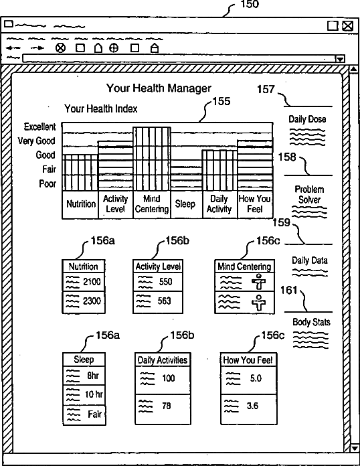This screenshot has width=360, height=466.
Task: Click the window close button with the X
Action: tap(348, 26)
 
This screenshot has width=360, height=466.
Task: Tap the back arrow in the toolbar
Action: tap(13, 48)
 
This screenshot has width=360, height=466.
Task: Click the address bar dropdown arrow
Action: tap(341, 59)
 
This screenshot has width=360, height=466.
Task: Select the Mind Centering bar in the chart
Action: tap(152, 159)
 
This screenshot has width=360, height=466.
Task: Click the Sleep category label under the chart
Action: tap(185, 204)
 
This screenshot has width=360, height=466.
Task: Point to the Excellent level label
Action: tap(39, 127)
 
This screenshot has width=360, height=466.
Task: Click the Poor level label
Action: tap(48, 183)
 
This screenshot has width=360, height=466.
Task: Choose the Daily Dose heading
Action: tap(307, 119)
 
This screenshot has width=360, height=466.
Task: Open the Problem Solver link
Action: tap(309, 194)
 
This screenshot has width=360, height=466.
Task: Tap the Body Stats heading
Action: tap(311, 322)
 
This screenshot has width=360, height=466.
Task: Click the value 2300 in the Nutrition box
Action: tap(92, 301)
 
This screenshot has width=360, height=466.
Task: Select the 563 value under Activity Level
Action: tap(164, 301)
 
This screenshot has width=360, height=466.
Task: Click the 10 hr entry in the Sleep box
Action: tap(94, 394)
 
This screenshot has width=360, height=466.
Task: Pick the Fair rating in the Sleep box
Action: tap(95, 414)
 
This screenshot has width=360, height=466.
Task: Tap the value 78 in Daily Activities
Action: tap(167, 406)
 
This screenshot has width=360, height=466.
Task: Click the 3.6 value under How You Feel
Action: tap(252, 406)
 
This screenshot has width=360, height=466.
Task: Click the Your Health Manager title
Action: tap(159, 88)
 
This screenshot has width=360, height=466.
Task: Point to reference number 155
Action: tap(221, 101)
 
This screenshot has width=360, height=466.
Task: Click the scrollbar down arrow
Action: tap(354, 448)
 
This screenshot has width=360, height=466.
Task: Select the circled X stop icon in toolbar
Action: tap(61, 48)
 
